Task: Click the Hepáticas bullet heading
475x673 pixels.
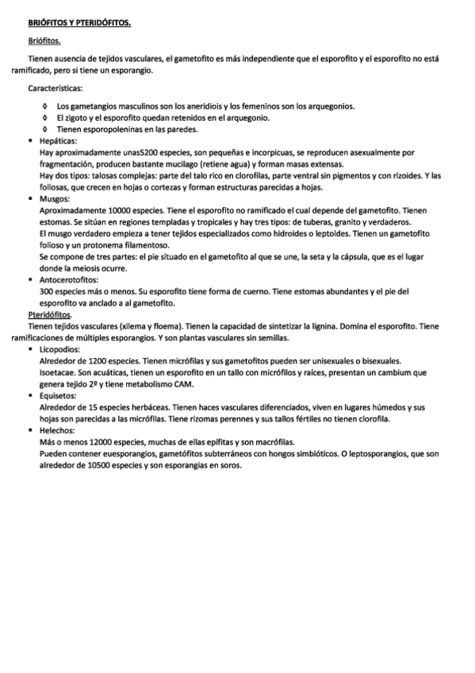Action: (x=56, y=140)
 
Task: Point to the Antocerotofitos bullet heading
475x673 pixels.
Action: (x=69, y=280)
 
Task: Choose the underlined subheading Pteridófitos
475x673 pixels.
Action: (x=49, y=315)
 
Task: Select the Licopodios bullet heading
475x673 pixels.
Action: (x=59, y=350)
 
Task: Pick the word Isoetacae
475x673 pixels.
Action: (x=57, y=373)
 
